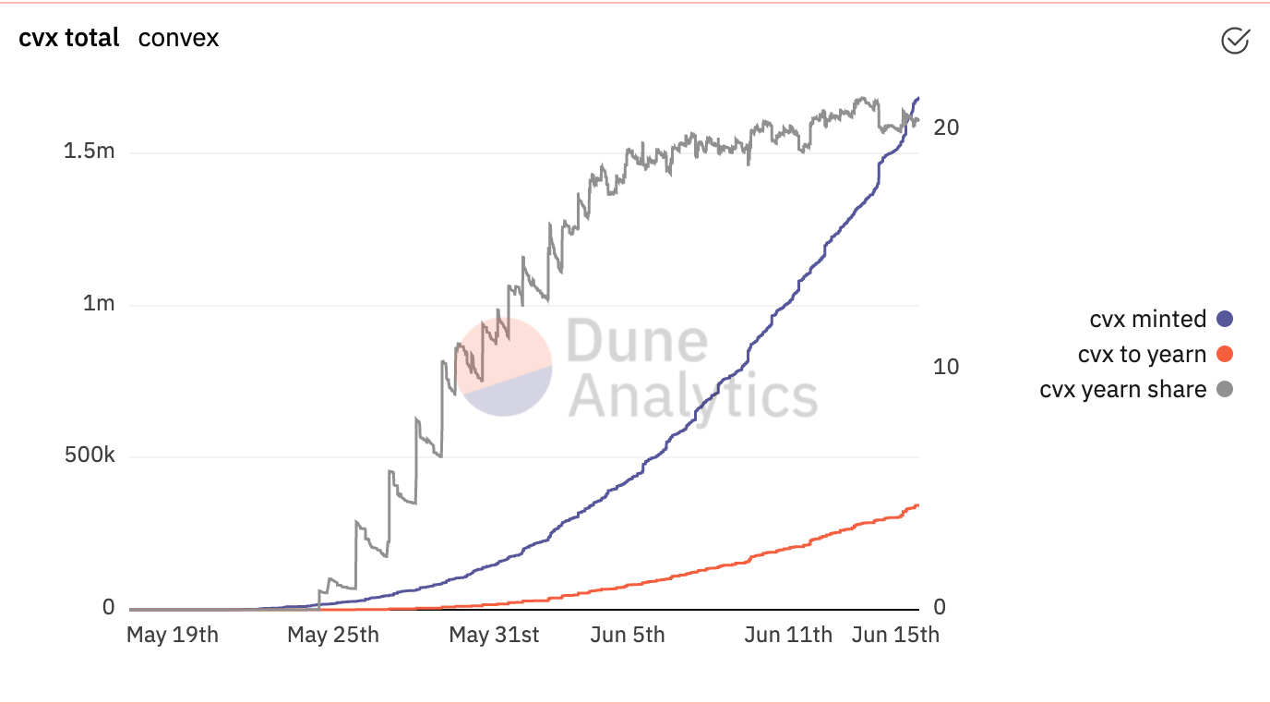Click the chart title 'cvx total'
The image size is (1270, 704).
click(x=69, y=39)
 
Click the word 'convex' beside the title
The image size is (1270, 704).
click(x=178, y=39)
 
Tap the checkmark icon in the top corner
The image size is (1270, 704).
click(x=1234, y=41)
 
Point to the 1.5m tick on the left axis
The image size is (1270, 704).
click(x=90, y=152)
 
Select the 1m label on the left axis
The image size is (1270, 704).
click(x=99, y=304)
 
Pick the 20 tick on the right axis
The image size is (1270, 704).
click(x=946, y=127)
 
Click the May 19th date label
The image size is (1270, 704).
click(x=172, y=636)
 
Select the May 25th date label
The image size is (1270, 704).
click(x=333, y=636)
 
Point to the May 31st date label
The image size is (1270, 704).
click(x=494, y=636)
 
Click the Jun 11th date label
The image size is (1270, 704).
click(x=788, y=636)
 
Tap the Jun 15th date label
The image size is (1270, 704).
click(x=894, y=636)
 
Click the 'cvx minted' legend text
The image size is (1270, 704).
click(x=1147, y=320)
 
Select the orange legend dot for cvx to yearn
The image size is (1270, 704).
click(x=1225, y=355)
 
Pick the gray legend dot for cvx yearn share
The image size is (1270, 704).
click(x=1225, y=390)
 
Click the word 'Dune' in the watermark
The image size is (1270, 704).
click(x=637, y=341)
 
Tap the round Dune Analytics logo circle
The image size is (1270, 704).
click(x=506, y=367)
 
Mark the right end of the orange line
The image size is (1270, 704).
click(x=917, y=504)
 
